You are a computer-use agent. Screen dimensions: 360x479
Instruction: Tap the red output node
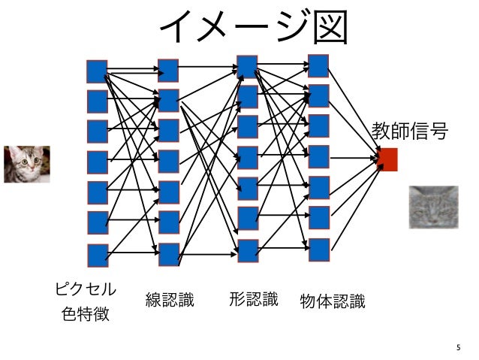(x=387, y=159)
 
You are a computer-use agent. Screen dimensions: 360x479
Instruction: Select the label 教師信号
(x=410, y=132)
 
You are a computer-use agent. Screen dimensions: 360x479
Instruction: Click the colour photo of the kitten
(x=26, y=164)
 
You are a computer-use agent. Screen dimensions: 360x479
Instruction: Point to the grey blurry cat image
(x=432, y=207)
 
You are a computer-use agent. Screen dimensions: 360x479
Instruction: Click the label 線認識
(x=170, y=301)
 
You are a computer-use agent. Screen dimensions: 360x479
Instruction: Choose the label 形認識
(x=253, y=300)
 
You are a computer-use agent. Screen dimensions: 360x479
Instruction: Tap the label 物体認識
(x=332, y=302)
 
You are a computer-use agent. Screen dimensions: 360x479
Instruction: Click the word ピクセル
(x=86, y=289)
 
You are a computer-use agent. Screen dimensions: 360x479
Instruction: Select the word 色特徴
(x=86, y=313)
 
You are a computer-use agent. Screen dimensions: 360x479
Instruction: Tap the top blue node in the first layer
(x=97, y=71)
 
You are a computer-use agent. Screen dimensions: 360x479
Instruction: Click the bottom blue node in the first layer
(x=97, y=255)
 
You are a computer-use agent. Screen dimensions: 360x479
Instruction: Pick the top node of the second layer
(x=168, y=70)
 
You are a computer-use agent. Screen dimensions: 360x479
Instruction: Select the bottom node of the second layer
(x=169, y=254)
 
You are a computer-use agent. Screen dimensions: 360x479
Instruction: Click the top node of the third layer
(x=247, y=66)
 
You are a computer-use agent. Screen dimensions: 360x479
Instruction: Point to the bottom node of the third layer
(x=248, y=250)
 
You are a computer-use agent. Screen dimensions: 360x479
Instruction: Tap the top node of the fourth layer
(x=318, y=65)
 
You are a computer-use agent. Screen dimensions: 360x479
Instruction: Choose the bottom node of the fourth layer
(x=319, y=250)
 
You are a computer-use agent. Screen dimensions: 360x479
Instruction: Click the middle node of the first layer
(x=97, y=162)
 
